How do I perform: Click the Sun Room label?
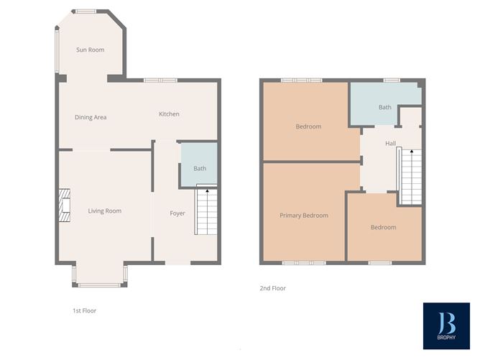tap(91, 50)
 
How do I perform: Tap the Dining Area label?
tap(91, 117)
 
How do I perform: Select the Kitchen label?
tap(169, 114)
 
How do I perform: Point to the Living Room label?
tap(105, 211)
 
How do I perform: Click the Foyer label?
tap(177, 213)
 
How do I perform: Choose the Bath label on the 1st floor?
tap(200, 168)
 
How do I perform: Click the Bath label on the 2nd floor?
tap(385, 107)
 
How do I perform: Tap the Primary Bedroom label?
tap(304, 216)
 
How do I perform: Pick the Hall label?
tap(391, 143)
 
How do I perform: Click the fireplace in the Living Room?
tap(65, 205)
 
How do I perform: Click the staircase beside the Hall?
tap(410, 176)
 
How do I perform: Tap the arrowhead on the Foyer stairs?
tap(207, 190)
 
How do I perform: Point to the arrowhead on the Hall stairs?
tap(412, 151)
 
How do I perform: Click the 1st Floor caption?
tap(85, 310)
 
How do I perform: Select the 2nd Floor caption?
tap(273, 288)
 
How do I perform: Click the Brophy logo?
tap(446, 326)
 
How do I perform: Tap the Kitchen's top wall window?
tap(160, 80)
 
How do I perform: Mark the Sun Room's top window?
tap(86, 11)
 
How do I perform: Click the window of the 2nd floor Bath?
tap(392, 80)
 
